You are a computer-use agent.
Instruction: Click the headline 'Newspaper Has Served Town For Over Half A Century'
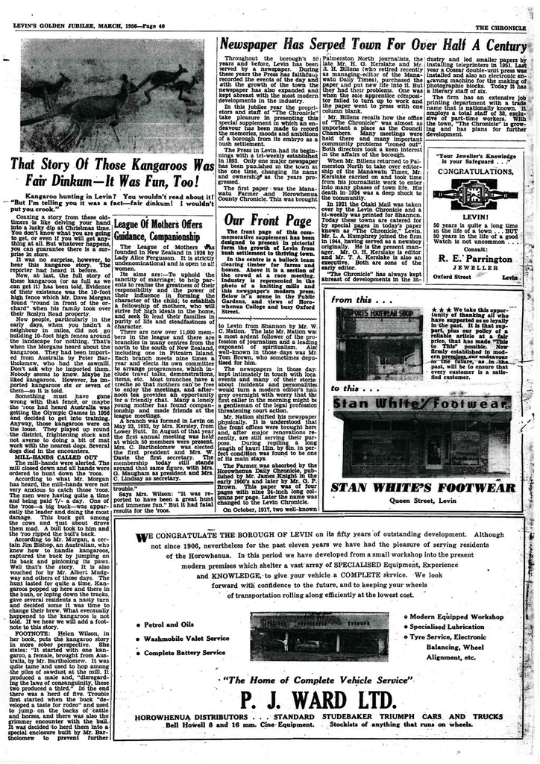(379, 44)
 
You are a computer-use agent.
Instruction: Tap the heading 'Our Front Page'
(267, 220)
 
